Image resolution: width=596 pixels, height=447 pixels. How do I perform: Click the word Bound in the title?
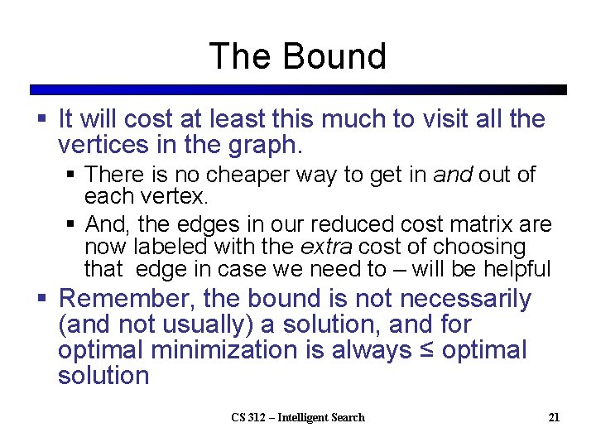click(334, 56)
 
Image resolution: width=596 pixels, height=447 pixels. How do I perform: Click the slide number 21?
click(553, 417)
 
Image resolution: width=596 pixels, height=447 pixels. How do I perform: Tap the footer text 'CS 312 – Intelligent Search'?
click(297, 417)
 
